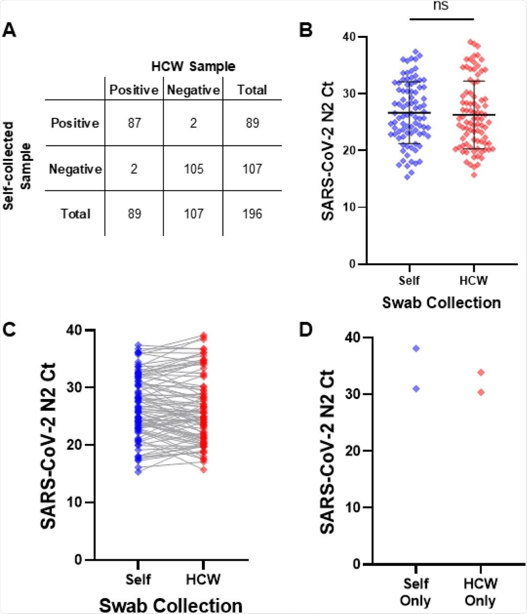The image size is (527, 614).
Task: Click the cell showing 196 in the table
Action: point(252,213)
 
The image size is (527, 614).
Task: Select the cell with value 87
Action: point(134,123)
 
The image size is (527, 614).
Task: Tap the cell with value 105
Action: point(193,169)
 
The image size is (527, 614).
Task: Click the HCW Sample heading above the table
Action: point(193,66)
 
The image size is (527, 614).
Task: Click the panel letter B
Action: point(306,30)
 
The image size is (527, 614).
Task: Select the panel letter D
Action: point(306,330)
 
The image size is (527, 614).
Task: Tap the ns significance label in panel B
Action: point(441,6)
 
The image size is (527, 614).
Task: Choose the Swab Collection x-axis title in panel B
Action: point(441,303)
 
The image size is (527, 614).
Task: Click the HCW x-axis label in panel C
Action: point(203,579)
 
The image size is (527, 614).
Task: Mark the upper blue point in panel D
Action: point(416,348)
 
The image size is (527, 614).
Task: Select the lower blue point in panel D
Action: point(416,389)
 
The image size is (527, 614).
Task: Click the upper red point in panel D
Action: point(481,372)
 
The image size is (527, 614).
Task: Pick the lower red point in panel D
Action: point(481,392)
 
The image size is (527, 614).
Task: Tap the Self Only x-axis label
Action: point(415,592)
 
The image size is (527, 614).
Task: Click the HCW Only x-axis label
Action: point(480,592)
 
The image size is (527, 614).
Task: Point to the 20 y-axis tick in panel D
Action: point(353,451)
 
